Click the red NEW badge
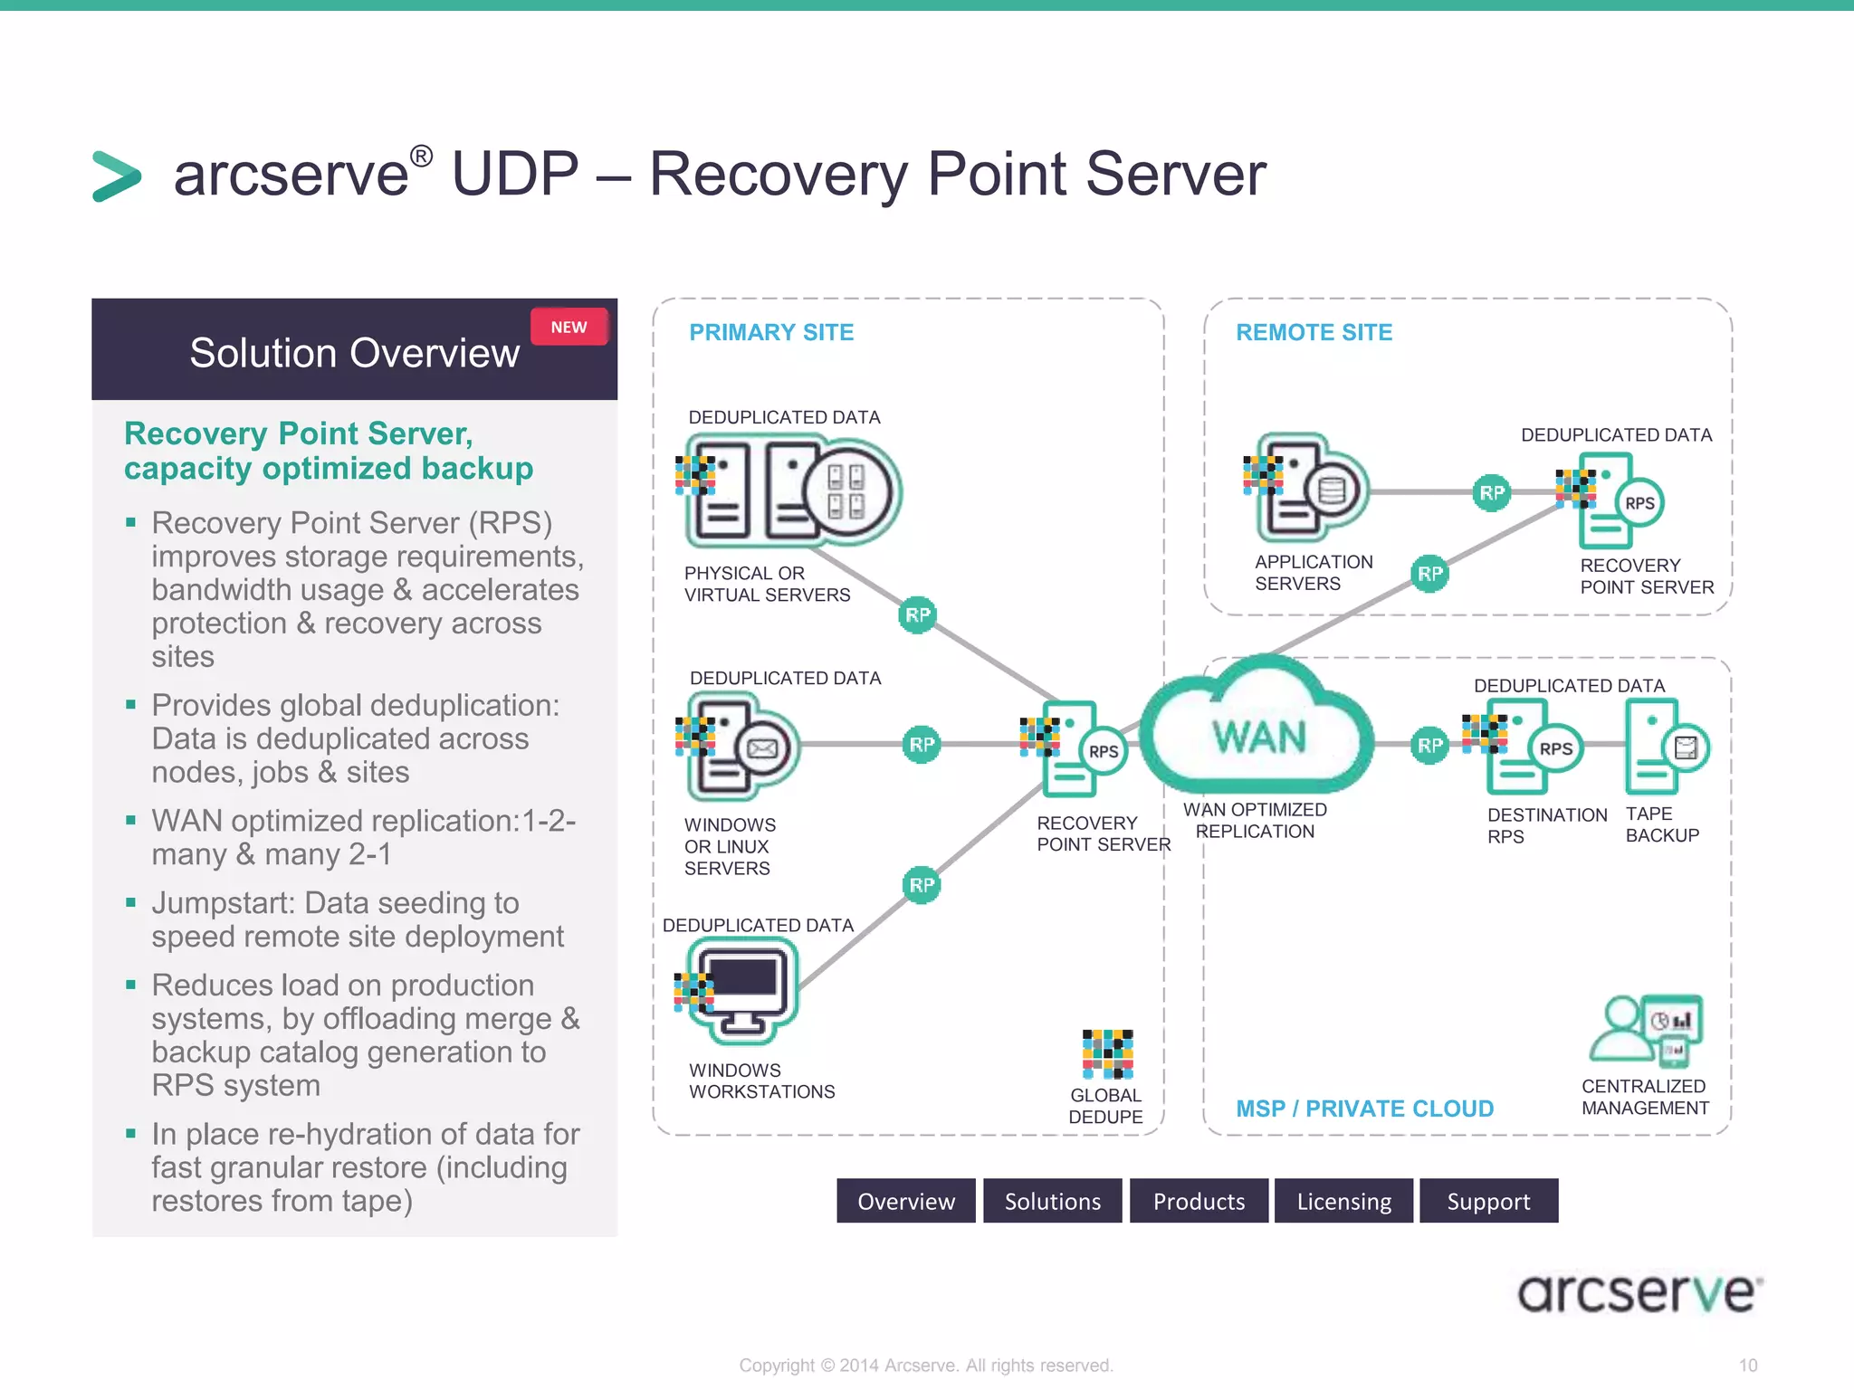pos(569,327)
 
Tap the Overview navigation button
pos(905,1201)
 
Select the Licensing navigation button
pos(1343,1201)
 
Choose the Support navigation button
pos(1488,1201)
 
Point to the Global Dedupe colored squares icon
pos(1107,1054)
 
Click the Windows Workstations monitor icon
pos(743,989)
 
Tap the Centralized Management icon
pos(1648,1030)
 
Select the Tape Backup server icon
pos(1664,747)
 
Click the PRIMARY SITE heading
pos(771,332)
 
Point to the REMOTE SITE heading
pos(1314,332)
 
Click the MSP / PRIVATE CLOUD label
pos(1364,1109)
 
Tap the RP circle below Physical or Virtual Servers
pos(917,615)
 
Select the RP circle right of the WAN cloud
pos(1429,746)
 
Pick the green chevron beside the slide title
pos(117,176)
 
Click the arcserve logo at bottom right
pos(1639,1292)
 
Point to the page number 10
pos(1747,1366)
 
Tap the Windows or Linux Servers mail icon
pos(762,749)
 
